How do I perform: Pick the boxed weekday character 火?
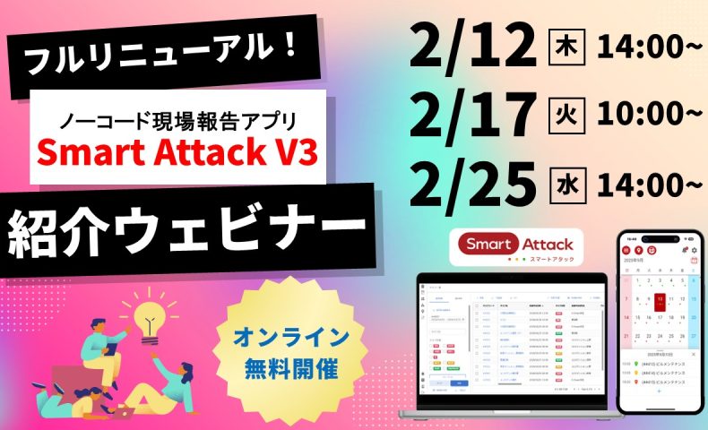pyautogui.click(x=557, y=115)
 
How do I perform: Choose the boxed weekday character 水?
pyautogui.click(x=557, y=184)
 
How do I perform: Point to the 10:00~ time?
pyautogui.click(x=644, y=115)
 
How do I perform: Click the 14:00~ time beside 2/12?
pyautogui.click(x=644, y=47)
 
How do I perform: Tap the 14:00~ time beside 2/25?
pyautogui.click(x=644, y=184)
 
